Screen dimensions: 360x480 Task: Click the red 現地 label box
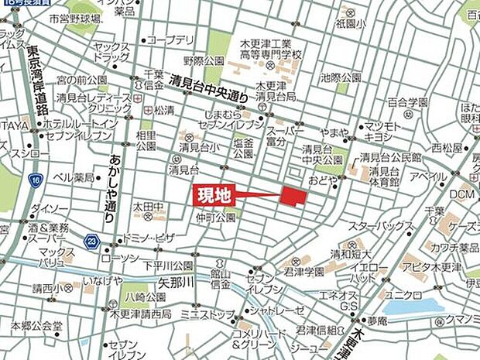tap(212, 197)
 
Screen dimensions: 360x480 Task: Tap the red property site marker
tap(293, 196)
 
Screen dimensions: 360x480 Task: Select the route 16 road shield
tap(36, 180)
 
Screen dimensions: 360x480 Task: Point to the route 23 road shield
tap(91, 241)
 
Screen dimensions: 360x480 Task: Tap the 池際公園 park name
tap(341, 77)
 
